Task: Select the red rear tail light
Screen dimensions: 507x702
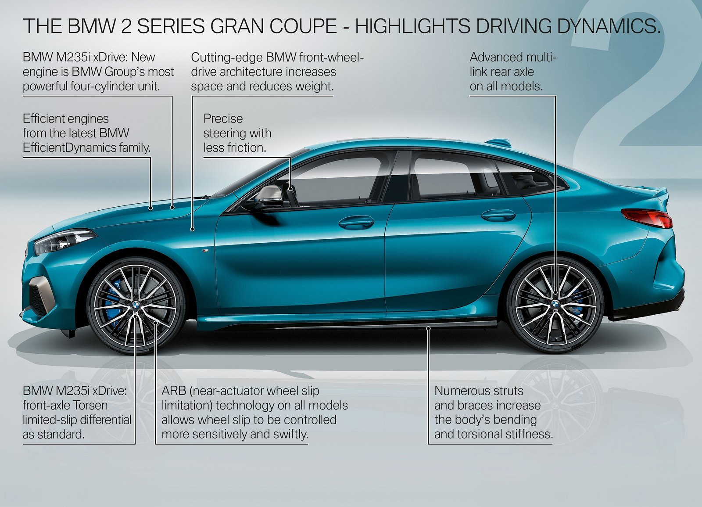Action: pos(648,217)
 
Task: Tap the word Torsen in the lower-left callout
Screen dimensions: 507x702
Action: pos(88,405)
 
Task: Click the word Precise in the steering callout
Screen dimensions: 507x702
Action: pos(223,119)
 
